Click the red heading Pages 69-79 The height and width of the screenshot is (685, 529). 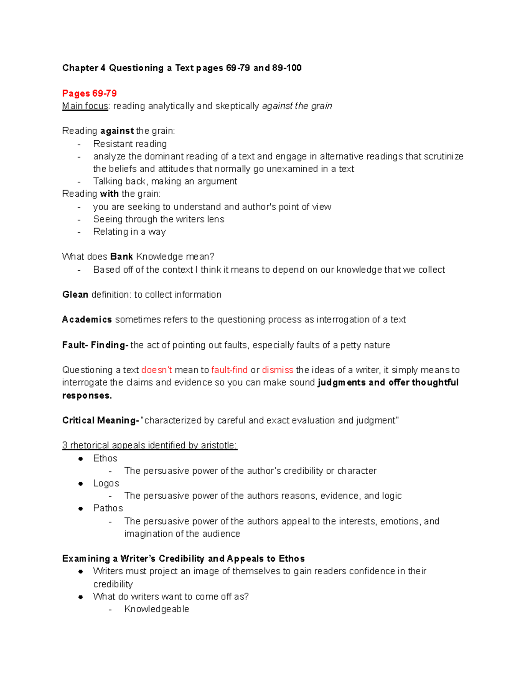89,94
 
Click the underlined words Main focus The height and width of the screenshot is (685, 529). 85,106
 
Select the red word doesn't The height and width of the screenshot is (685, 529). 156,370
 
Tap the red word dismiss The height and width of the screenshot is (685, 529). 277,370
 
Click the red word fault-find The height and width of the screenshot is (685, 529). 229,370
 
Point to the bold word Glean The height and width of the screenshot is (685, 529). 75,295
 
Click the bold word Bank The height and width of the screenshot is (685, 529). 122,257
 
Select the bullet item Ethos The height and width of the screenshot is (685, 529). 105,458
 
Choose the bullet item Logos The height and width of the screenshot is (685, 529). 106,483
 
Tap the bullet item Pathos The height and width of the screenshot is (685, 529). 108,508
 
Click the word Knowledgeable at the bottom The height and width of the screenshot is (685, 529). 156,609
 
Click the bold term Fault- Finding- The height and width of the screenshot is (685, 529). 95,345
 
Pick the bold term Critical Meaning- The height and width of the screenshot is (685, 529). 101,420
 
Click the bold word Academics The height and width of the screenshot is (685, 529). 87,319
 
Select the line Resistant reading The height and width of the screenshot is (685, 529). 130,144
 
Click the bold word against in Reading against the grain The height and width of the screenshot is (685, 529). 117,131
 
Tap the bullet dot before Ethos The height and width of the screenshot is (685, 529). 81,459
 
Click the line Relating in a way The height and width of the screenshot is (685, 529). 129,232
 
